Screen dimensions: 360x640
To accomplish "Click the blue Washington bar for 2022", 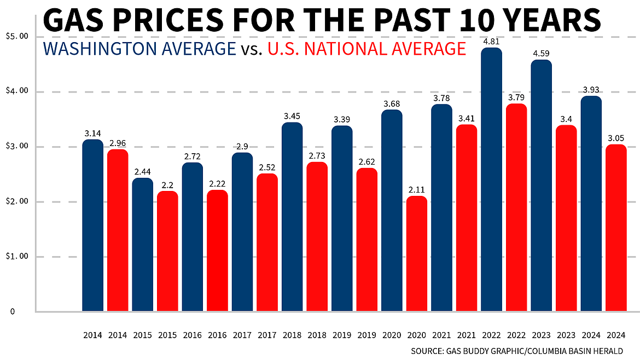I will coord(492,181).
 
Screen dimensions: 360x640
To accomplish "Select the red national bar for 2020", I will coord(417,254).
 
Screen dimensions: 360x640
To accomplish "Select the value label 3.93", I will coord(591,89).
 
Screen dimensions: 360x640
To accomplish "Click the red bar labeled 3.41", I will coord(467,219).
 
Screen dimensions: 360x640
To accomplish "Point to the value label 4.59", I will coord(542,53).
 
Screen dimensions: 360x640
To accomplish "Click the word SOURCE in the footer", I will coord(427,350).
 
